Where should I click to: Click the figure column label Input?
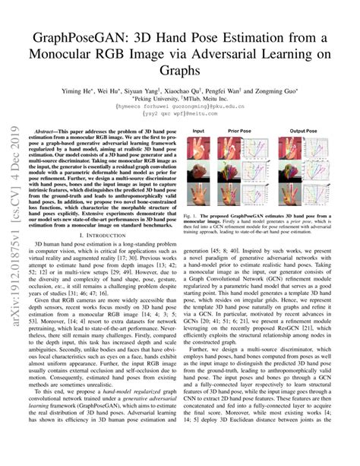tap(198, 131)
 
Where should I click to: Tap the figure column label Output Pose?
tap(304, 131)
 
